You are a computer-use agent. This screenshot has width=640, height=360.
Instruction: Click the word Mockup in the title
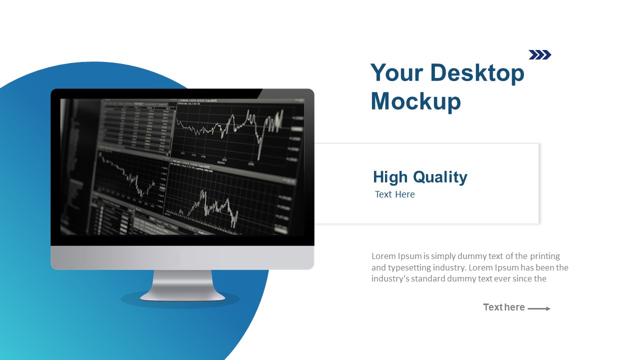[415, 101]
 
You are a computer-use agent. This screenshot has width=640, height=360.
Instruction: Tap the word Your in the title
[395, 73]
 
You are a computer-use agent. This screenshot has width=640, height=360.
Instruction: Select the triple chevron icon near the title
[540, 55]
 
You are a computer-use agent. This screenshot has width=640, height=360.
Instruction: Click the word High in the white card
[390, 177]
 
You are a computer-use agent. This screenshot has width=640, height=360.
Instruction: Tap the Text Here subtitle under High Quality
[395, 194]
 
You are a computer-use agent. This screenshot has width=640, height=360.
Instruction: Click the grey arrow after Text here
[539, 308]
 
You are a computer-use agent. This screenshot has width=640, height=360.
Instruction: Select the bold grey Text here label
[503, 307]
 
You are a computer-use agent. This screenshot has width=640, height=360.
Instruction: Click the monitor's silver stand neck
[182, 283]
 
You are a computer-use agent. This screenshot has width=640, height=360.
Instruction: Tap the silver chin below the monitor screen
[182, 257]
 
